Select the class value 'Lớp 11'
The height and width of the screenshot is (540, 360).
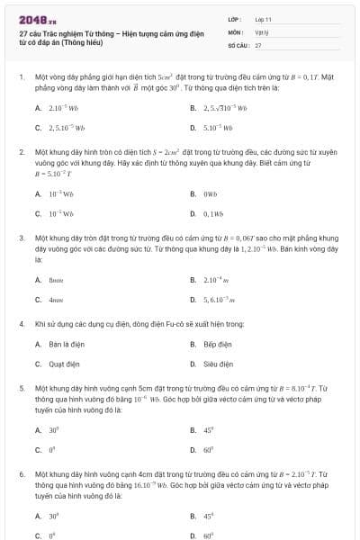pos(263,18)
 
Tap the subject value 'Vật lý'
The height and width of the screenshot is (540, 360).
pos(262,31)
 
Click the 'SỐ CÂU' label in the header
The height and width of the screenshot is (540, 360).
pos(238,44)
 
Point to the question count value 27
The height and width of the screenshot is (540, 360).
pos(258,44)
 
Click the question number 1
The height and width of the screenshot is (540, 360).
pos(21,77)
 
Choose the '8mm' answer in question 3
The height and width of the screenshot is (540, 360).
pos(55,279)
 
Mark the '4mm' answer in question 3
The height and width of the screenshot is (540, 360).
pos(55,300)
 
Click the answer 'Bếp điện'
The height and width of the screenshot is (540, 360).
pos(217,344)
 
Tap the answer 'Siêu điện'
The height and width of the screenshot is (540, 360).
pos(217,364)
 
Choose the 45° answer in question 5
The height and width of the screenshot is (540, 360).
pos(208,429)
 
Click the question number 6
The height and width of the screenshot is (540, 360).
pos(21,472)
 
